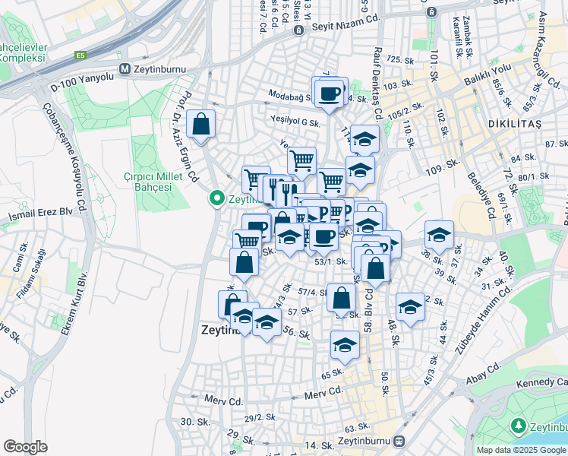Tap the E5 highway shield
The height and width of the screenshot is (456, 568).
80,55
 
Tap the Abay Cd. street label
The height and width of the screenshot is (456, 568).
484,367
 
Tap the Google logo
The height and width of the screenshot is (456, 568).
25,447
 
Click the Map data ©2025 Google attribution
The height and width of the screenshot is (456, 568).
521,450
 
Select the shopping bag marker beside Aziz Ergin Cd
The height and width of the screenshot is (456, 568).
200,125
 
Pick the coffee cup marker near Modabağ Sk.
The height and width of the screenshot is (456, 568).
330,93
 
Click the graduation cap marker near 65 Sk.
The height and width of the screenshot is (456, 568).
346,345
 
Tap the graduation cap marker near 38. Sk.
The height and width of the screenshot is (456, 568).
439,235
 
